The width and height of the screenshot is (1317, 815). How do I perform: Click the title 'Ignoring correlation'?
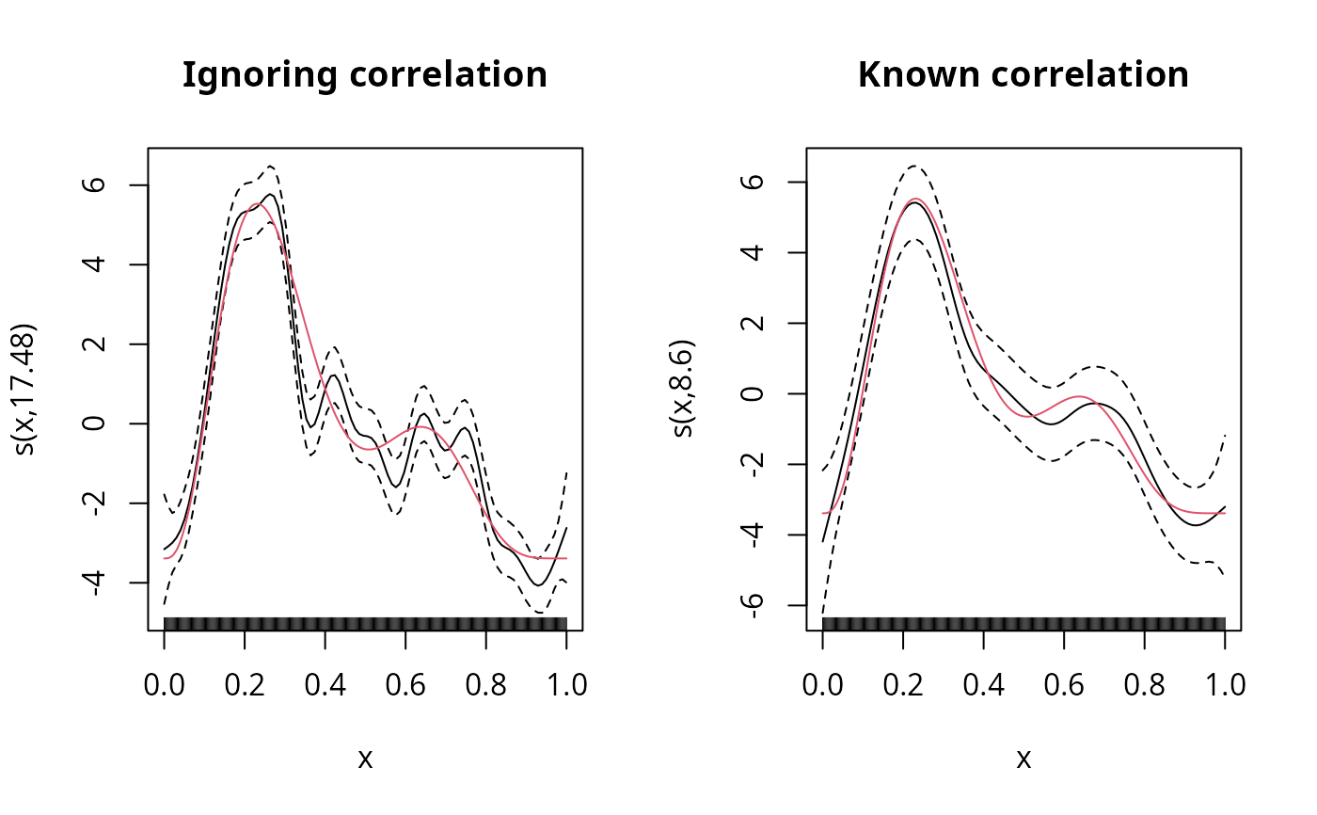pyautogui.click(x=365, y=74)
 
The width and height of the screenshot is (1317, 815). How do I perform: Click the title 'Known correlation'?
pyautogui.click(x=1023, y=74)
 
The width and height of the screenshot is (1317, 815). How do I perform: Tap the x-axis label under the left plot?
pyautogui.click(x=365, y=759)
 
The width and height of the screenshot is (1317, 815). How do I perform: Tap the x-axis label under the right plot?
pyautogui.click(x=1023, y=759)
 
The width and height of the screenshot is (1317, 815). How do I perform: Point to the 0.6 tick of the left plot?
pyautogui.click(x=405, y=684)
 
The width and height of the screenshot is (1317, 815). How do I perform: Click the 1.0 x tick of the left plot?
pyautogui.click(x=566, y=684)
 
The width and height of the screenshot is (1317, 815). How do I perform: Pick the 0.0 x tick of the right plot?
pyautogui.click(x=823, y=684)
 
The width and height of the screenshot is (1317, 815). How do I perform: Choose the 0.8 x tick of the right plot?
pyautogui.click(x=1145, y=684)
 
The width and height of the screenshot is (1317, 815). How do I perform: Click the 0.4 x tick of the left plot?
pyautogui.click(x=325, y=684)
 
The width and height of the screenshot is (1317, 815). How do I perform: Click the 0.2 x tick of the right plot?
pyautogui.click(x=903, y=684)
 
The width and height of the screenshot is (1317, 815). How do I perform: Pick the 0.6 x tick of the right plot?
pyautogui.click(x=1064, y=684)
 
